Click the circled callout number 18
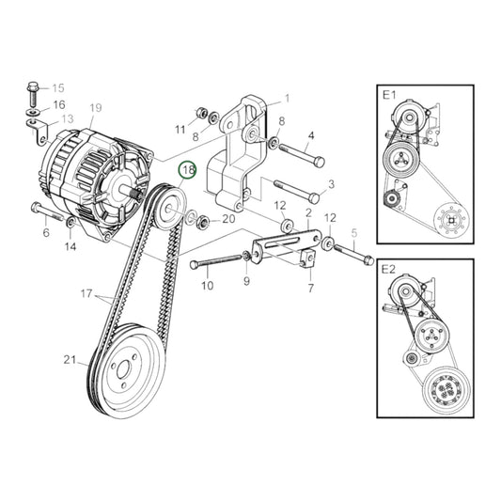(x=188, y=170)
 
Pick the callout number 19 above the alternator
(x=95, y=108)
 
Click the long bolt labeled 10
(x=219, y=260)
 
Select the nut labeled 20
(x=202, y=223)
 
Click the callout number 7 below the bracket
(x=309, y=289)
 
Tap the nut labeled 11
(x=200, y=114)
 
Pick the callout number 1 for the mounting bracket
(x=287, y=98)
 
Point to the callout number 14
(x=70, y=247)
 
